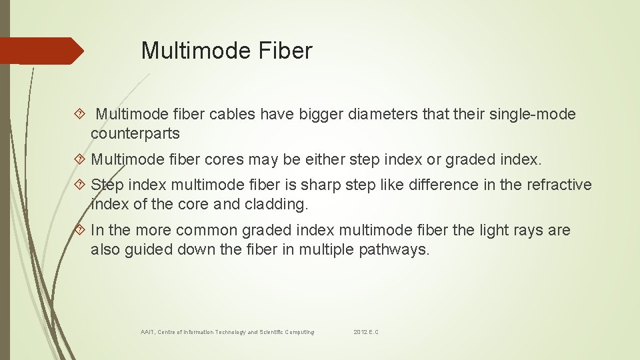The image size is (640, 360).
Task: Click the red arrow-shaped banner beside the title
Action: point(40,51)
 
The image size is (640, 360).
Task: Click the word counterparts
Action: point(135,133)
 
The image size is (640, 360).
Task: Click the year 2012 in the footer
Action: point(360,332)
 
